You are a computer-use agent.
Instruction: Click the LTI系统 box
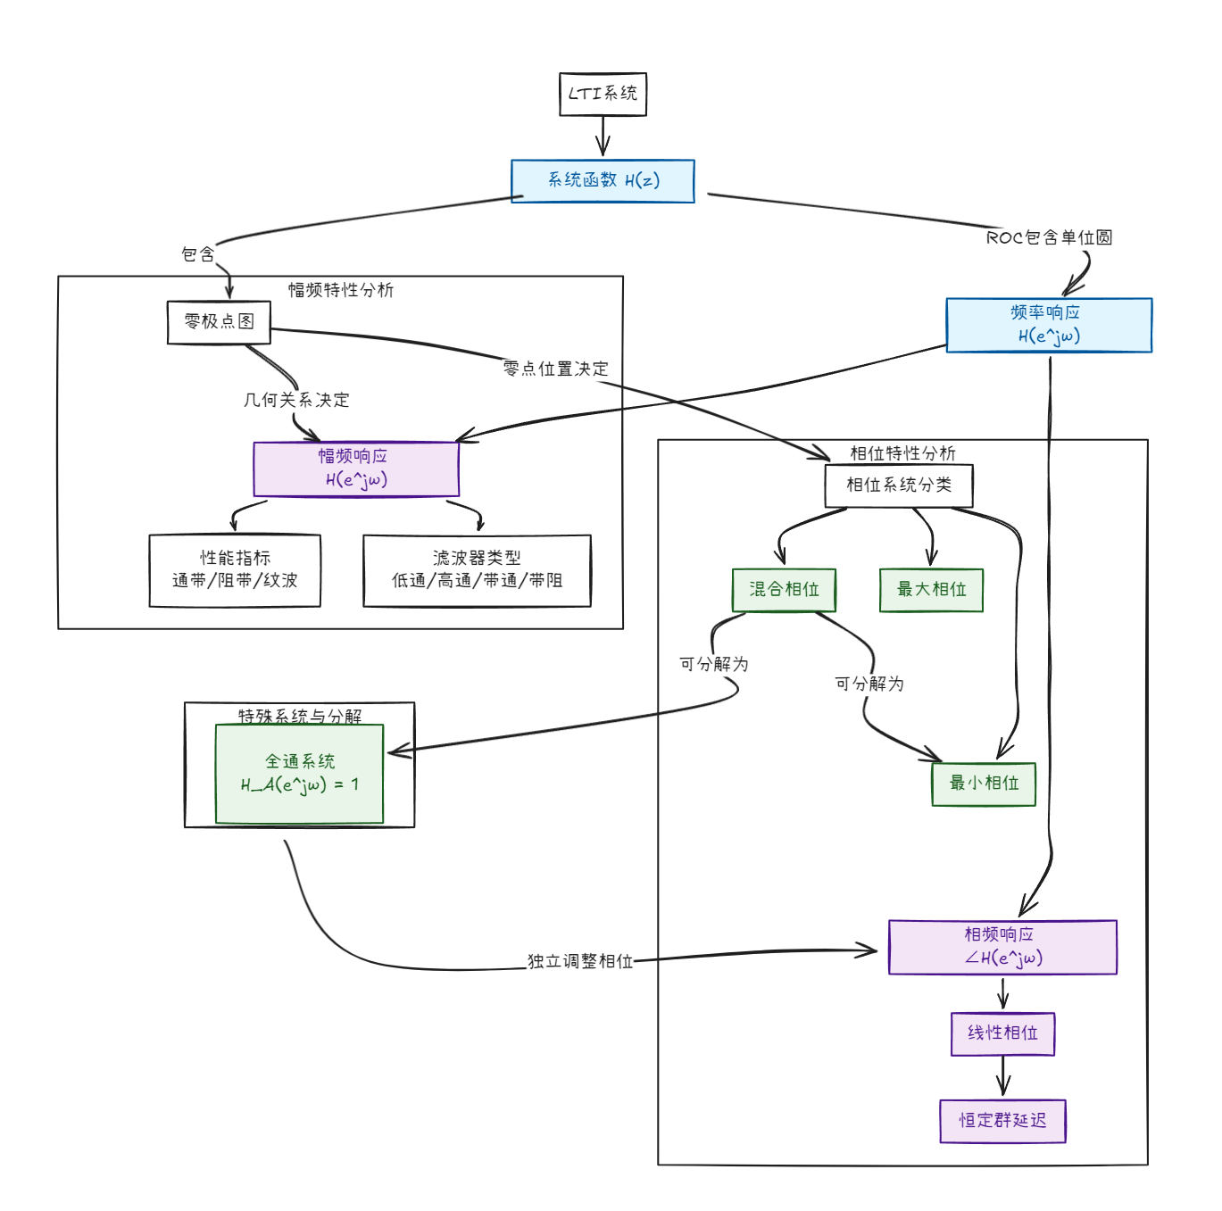click(x=603, y=94)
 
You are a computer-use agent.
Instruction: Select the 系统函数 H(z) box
click(x=603, y=180)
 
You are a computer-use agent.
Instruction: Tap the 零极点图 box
click(x=219, y=322)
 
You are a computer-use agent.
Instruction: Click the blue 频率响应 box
click(x=1049, y=325)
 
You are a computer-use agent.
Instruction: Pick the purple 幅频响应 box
click(x=356, y=469)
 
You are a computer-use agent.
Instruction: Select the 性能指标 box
click(x=235, y=570)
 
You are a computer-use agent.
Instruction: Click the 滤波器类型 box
click(x=477, y=570)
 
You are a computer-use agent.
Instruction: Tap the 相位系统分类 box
click(x=899, y=485)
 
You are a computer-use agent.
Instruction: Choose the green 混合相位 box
click(x=784, y=590)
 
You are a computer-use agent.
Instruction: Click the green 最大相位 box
click(x=931, y=590)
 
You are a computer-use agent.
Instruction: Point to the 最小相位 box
click(x=984, y=784)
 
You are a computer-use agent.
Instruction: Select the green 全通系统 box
click(x=299, y=774)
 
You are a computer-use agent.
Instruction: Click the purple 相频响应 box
click(x=1002, y=947)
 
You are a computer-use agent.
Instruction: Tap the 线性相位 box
click(x=1002, y=1033)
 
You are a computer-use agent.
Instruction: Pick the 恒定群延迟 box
click(x=1002, y=1121)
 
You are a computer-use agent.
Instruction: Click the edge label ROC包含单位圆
click(x=1049, y=237)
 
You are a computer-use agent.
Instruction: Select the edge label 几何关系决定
click(x=296, y=400)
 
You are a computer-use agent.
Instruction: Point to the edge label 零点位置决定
click(x=555, y=369)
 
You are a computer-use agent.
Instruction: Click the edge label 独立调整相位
click(x=580, y=961)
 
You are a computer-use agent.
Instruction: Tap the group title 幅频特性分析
click(x=341, y=290)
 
